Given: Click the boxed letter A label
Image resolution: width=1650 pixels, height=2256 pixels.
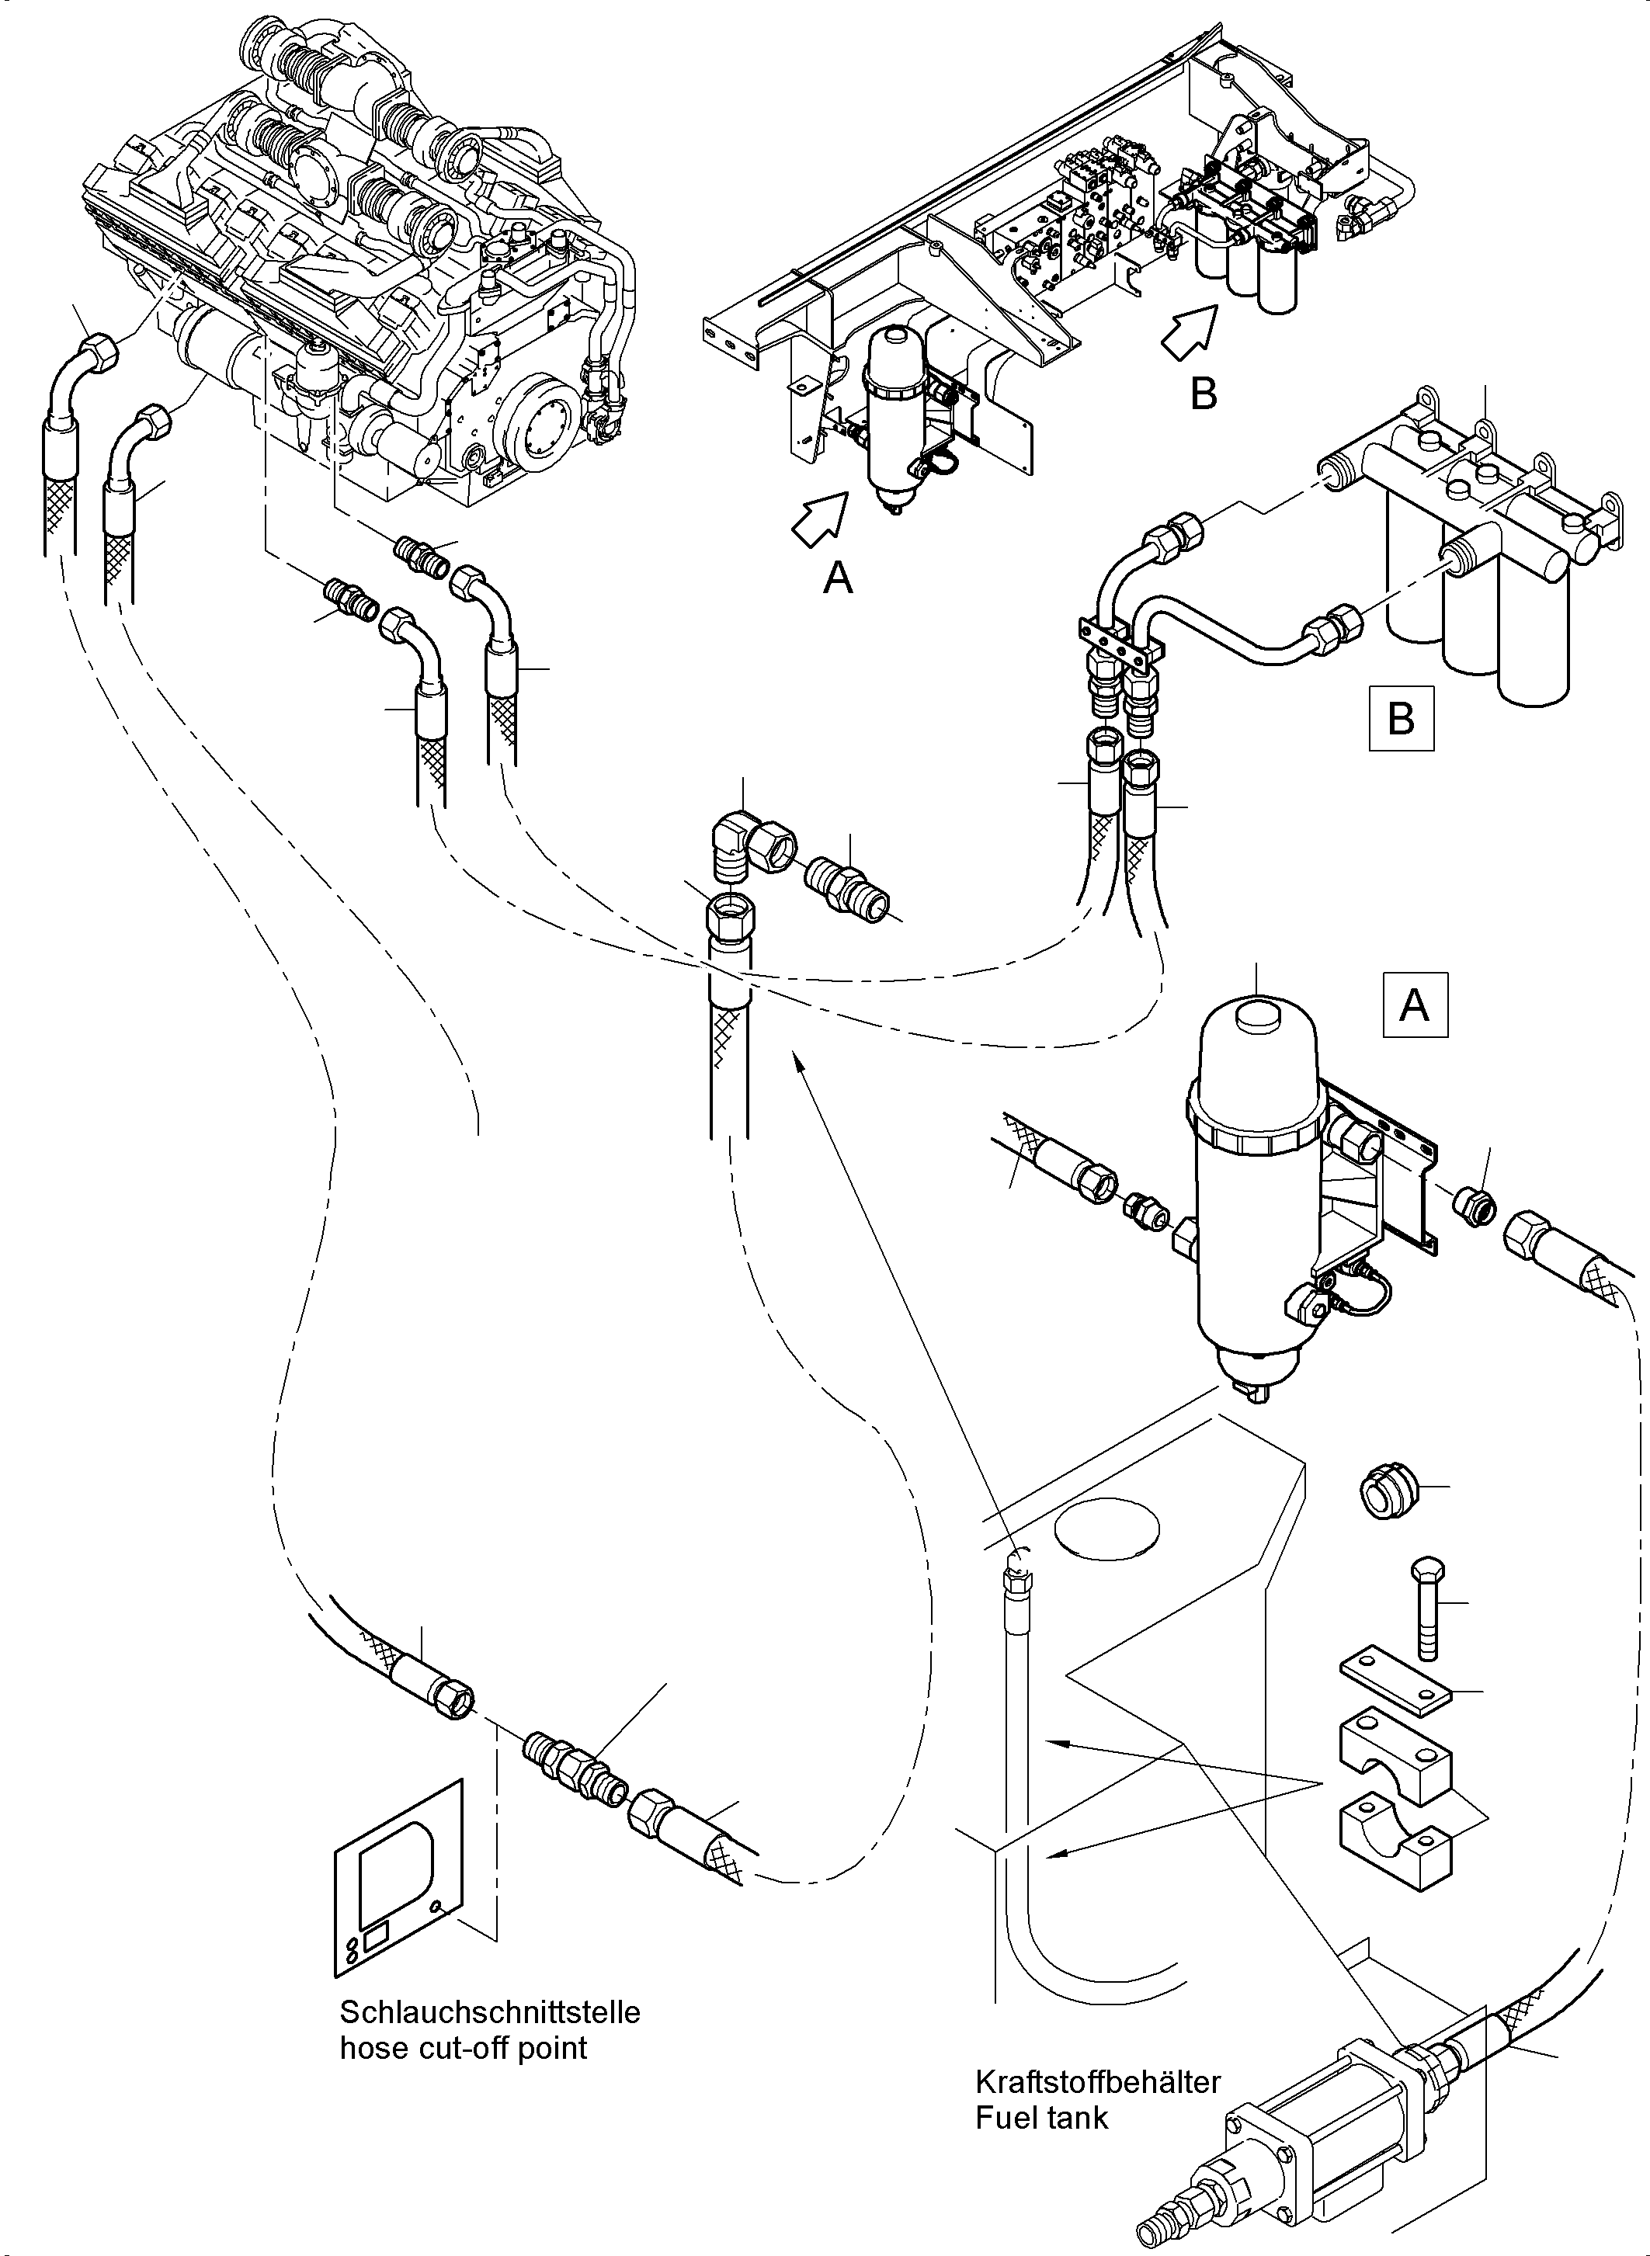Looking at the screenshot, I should [x=1414, y=1005].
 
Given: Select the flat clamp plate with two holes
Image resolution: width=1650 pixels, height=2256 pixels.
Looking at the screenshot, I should [x=1393, y=1680].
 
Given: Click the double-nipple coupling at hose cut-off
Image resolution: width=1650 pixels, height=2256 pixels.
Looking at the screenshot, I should [x=572, y=1772].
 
